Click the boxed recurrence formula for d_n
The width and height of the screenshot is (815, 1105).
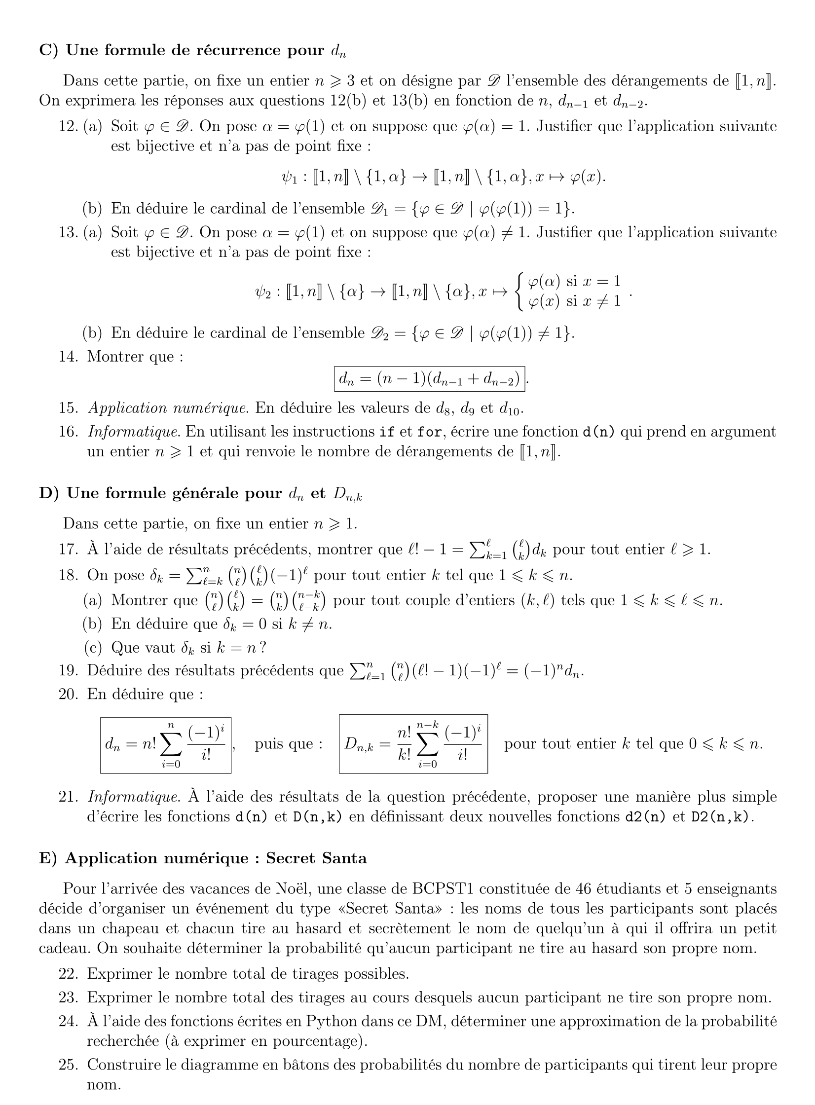(429, 379)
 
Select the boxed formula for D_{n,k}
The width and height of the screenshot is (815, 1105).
(413, 743)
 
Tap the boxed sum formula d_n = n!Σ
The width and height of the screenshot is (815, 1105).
(166, 745)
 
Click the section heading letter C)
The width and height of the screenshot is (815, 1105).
(49, 50)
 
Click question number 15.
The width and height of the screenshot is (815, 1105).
(69, 408)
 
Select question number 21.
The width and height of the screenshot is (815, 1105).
(69, 797)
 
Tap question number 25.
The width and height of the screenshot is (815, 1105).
(69, 1065)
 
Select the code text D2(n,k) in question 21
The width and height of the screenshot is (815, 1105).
(722, 817)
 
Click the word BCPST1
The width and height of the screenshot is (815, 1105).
(443, 889)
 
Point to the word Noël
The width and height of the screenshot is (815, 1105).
(293, 889)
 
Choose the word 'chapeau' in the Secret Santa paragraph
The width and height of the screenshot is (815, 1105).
(140, 928)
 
